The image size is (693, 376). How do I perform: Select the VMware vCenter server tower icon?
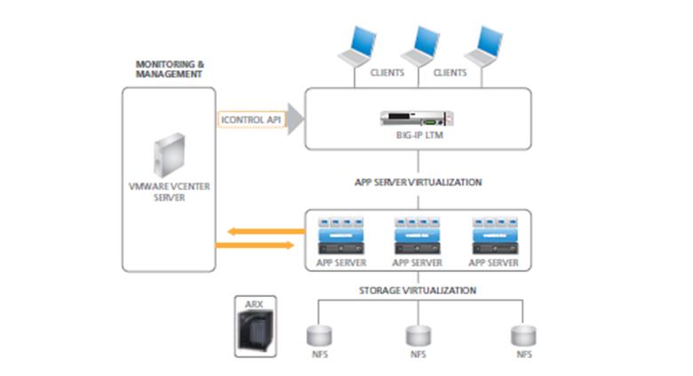(x=168, y=159)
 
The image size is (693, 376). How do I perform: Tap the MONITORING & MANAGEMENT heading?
(x=169, y=69)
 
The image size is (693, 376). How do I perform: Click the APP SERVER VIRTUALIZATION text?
(x=418, y=182)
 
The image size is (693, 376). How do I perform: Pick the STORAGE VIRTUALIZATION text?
(x=418, y=290)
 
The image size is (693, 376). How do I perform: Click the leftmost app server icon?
(x=341, y=236)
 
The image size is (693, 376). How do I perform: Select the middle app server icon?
(x=418, y=236)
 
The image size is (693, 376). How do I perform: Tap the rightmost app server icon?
(x=493, y=236)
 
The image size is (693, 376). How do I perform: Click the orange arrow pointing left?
(x=259, y=231)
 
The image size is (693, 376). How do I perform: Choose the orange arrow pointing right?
(x=259, y=244)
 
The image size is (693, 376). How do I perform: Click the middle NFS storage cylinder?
(x=418, y=335)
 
